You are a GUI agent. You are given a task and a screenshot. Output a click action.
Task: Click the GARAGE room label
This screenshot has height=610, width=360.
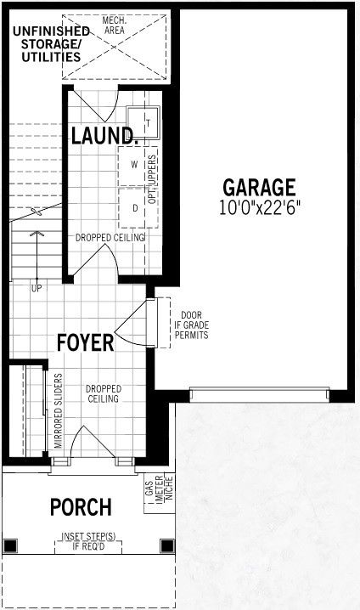259,188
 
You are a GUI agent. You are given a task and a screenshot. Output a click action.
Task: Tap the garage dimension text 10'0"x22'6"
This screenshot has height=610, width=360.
260,208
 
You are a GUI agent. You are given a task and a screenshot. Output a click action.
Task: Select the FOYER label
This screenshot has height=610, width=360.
86,342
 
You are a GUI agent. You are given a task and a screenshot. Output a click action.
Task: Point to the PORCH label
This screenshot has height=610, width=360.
81,507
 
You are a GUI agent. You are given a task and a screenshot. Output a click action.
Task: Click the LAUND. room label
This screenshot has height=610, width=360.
104,135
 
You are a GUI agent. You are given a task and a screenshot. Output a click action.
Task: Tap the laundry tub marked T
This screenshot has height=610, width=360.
143,122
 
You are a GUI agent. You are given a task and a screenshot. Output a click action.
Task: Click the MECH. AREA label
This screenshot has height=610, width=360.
115,25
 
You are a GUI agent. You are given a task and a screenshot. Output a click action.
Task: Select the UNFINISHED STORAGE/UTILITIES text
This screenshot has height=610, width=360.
51,43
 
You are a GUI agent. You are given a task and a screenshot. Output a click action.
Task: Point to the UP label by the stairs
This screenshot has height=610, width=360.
37,288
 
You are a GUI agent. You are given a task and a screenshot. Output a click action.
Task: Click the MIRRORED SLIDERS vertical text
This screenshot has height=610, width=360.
59,411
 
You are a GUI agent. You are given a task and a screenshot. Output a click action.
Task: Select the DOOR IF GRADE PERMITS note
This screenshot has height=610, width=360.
192,325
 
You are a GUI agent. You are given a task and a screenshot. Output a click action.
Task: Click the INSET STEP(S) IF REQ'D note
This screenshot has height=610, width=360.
88,541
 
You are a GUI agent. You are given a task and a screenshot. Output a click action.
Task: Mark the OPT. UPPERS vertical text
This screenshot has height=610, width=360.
152,179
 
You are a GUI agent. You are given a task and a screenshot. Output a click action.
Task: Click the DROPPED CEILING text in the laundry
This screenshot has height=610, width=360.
110,237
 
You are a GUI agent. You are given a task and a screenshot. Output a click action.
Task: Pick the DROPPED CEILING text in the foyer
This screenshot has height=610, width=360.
104,393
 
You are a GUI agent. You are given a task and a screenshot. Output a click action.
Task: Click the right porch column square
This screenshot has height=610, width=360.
167,545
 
